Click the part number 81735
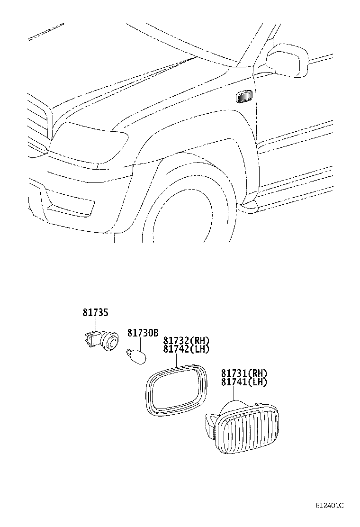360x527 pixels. pos(95,313)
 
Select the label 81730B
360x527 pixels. pos(142,333)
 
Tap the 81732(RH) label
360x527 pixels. pos(186,341)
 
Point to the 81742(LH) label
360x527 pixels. pos(186,349)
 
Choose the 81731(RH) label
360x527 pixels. pos(244,373)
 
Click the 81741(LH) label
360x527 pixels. pos(244,382)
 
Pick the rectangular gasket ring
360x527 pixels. pos(177,388)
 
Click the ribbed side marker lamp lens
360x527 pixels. pos(244,429)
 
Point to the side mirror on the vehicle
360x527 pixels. pos(287,59)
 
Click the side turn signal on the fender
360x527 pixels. pos(244,97)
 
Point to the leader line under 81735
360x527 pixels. pos(96,324)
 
